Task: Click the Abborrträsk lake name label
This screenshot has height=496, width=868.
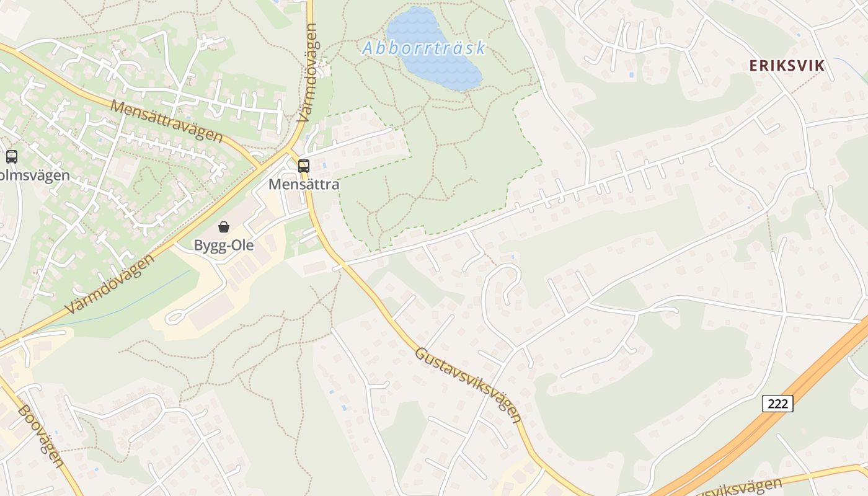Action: (x=424, y=48)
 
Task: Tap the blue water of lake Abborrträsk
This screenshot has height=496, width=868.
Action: (x=434, y=68)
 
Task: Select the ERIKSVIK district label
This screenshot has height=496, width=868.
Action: (x=787, y=65)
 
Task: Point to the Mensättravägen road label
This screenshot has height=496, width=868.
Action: (x=166, y=120)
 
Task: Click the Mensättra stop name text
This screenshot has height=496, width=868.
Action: (x=304, y=184)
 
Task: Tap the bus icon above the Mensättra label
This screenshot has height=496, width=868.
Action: (x=304, y=166)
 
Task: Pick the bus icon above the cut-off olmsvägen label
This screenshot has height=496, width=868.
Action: (x=12, y=156)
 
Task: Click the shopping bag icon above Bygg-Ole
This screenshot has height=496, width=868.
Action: (x=224, y=227)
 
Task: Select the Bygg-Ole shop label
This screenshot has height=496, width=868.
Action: (x=224, y=245)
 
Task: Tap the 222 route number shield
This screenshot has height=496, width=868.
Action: (x=777, y=404)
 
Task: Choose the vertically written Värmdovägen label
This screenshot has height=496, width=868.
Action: (x=308, y=73)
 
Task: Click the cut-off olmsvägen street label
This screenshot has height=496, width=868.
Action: (x=34, y=175)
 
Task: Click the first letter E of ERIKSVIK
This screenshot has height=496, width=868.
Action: (x=753, y=65)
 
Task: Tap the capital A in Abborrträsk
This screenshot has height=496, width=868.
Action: (x=368, y=48)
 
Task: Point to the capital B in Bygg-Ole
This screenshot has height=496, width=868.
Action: (x=198, y=245)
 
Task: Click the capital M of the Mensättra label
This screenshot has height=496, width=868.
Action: (x=273, y=184)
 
